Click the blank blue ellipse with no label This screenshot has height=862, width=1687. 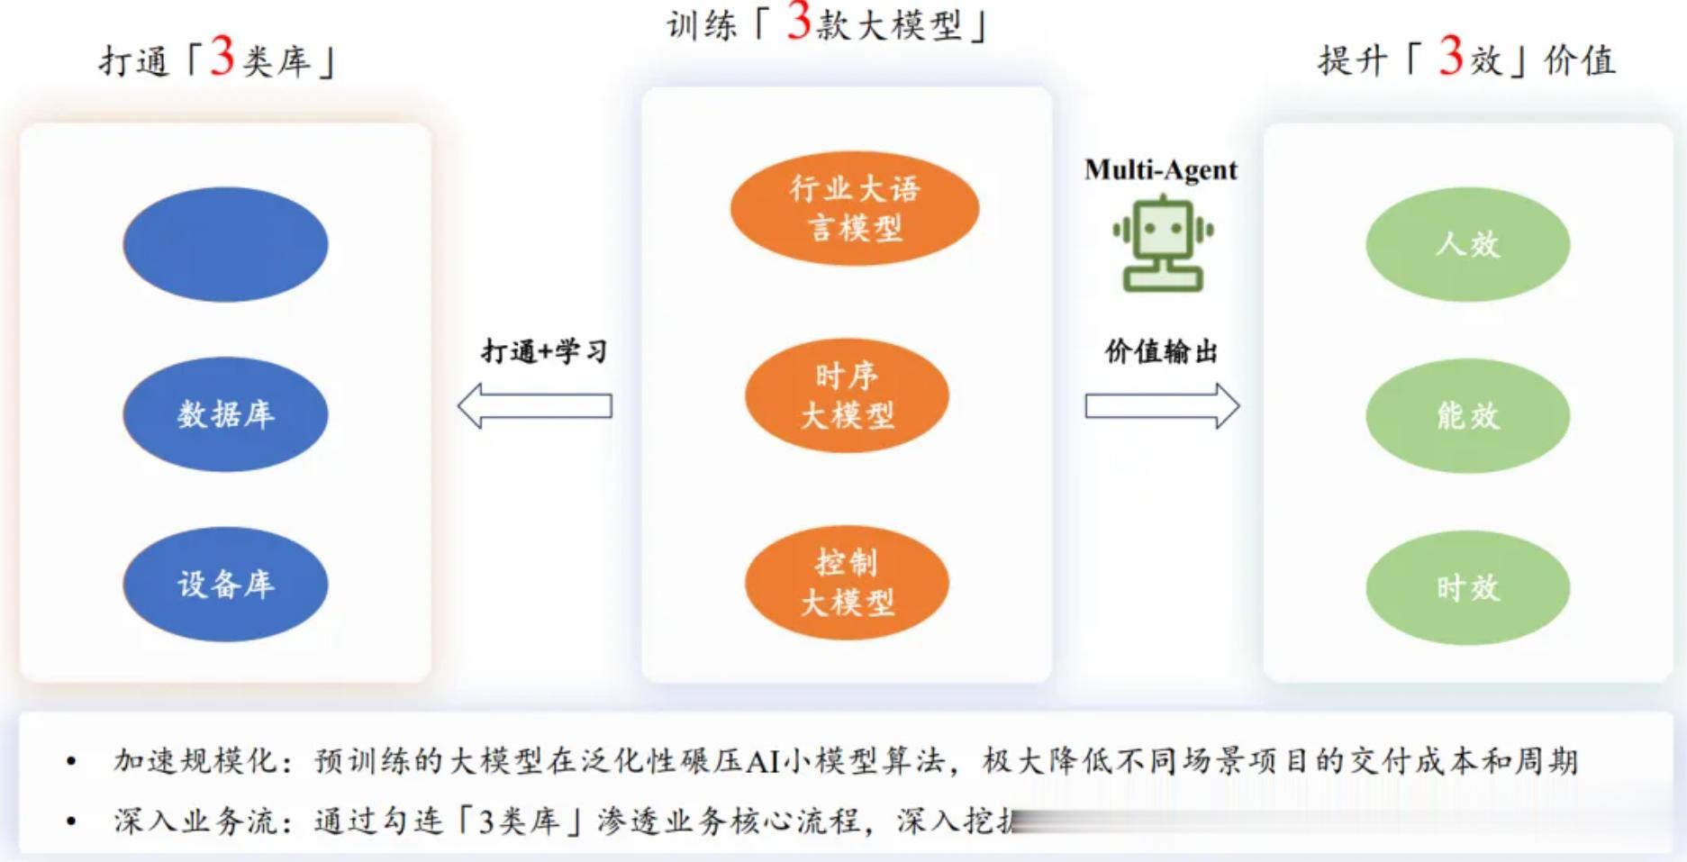225,244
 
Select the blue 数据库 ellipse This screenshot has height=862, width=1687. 225,414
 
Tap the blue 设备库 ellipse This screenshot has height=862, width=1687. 225,584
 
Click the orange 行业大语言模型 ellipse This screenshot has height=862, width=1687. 854,208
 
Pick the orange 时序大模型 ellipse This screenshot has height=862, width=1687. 847,395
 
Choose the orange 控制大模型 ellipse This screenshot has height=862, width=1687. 847,583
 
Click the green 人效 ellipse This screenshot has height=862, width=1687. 1467,244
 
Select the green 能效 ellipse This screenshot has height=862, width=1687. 1467,415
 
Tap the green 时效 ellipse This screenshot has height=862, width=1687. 1467,587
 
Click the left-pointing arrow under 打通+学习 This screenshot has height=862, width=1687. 535,406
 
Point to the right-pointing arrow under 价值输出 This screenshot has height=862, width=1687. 1162,406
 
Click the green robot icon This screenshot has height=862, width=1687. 1162,244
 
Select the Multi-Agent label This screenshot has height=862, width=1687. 1160,169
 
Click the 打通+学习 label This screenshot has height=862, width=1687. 544,350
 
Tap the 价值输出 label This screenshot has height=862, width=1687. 1161,350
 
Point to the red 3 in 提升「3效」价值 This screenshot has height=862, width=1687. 1450,56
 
